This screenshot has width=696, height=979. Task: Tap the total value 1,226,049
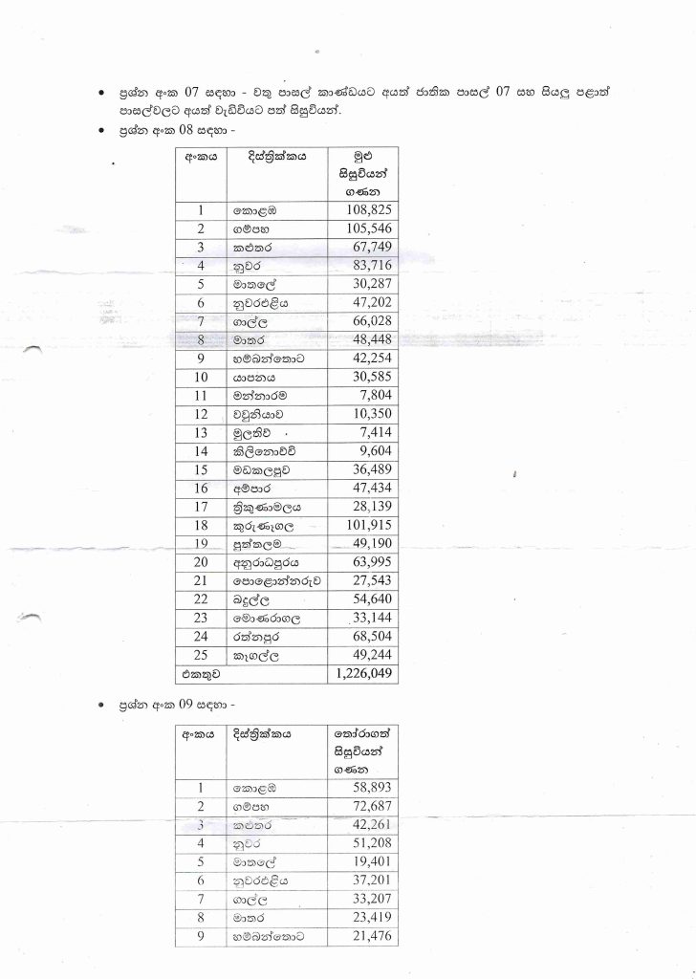click(362, 674)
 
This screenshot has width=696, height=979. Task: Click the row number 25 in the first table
click(201, 655)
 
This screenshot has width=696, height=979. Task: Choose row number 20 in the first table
click(201, 562)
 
